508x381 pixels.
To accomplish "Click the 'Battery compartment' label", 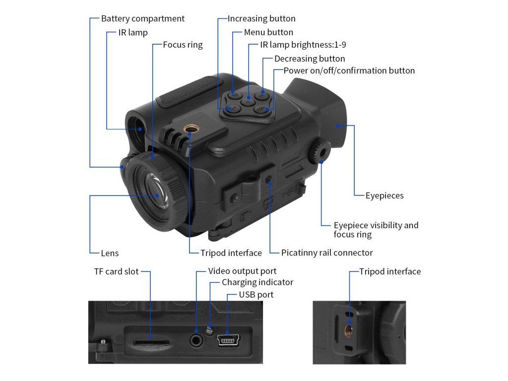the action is tap(142, 19).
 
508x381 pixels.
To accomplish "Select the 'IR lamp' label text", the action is tap(132, 33).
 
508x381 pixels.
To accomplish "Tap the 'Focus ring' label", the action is tap(183, 45).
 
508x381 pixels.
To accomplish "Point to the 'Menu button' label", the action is tap(268, 33).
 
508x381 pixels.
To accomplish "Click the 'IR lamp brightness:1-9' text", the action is tap(303, 45).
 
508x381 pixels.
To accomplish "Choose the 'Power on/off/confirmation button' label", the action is tap(349, 70).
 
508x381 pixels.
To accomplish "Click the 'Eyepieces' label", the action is tap(384, 195).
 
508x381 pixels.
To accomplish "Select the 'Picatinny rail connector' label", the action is tap(327, 253).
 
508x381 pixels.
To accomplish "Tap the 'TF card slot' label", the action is tap(117, 271).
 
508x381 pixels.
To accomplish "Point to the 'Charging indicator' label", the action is tap(257, 282).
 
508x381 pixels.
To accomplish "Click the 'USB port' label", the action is tap(256, 295).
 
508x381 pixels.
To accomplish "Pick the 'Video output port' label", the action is tap(242, 271).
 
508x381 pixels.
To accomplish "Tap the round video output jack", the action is tap(197, 340).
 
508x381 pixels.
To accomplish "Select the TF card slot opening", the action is tap(151, 342).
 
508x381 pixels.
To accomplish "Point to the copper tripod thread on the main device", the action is tap(190, 130).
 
